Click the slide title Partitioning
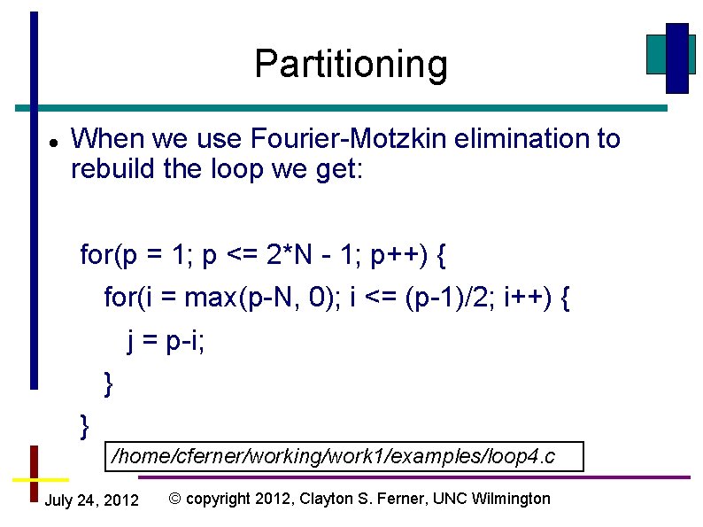(x=351, y=65)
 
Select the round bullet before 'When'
(x=53, y=142)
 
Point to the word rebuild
(x=113, y=168)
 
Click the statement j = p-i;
(x=166, y=341)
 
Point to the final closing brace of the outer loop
(x=85, y=426)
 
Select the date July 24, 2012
(x=91, y=501)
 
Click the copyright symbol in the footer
(x=174, y=499)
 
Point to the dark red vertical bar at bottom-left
(x=34, y=474)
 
